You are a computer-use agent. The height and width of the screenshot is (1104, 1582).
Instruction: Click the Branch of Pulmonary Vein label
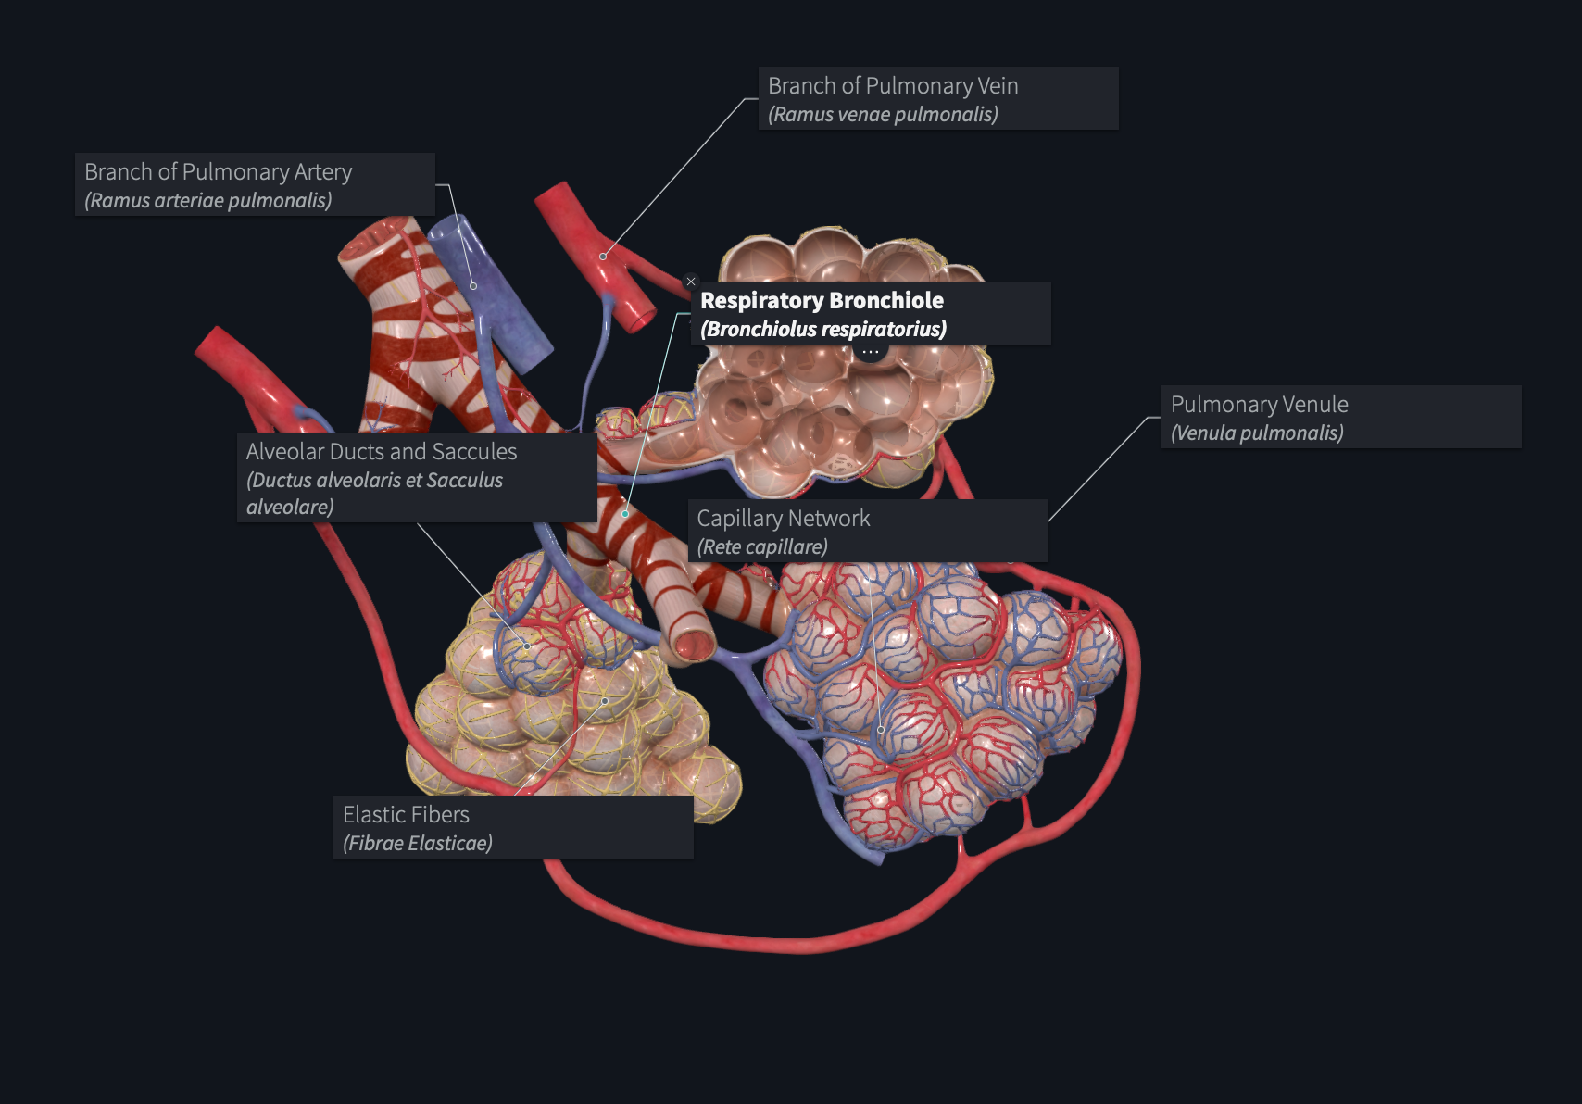[x=938, y=98]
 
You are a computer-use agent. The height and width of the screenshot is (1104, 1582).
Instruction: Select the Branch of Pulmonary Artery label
[x=255, y=184]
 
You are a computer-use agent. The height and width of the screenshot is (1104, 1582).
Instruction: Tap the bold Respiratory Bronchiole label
[x=871, y=314]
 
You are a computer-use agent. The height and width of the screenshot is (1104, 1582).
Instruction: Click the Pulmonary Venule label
[x=1341, y=417]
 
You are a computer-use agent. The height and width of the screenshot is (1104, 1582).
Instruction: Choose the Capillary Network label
[x=868, y=532]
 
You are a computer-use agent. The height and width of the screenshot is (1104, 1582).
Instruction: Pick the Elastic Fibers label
[x=513, y=827]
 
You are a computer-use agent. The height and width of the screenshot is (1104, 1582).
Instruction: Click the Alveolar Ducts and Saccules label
[x=417, y=478]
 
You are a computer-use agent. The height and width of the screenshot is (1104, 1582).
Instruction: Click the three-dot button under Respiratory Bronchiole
[x=870, y=351]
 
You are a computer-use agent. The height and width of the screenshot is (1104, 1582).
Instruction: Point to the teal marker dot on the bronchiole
[x=625, y=514]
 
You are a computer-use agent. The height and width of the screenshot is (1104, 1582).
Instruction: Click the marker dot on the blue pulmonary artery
[x=473, y=286]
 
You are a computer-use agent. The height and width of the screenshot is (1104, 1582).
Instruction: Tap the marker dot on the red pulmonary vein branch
[x=602, y=257]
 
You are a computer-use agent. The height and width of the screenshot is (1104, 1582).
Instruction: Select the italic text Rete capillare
[x=762, y=546]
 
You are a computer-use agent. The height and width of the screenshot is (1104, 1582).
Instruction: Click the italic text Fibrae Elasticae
[x=418, y=843]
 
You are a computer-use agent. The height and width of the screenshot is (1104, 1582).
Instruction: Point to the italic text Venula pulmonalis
[x=1257, y=433]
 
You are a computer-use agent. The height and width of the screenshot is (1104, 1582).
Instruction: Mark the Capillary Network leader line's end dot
[x=881, y=730]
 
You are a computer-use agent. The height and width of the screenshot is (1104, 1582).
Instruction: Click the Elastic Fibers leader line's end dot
[x=605, y=701]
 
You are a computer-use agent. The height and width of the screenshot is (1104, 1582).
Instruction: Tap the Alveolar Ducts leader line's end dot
[x=527, y=646]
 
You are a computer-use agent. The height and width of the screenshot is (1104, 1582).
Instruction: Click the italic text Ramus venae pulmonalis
[x=883, y=115]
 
